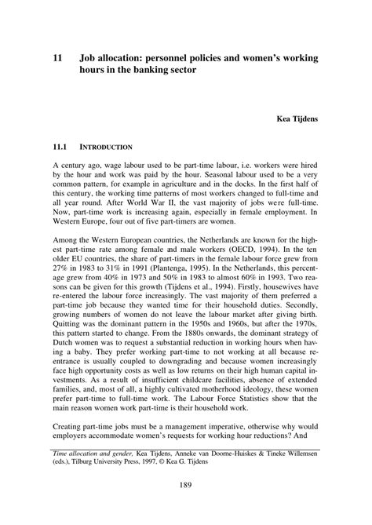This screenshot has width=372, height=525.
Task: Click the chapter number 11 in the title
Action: point(57,57)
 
